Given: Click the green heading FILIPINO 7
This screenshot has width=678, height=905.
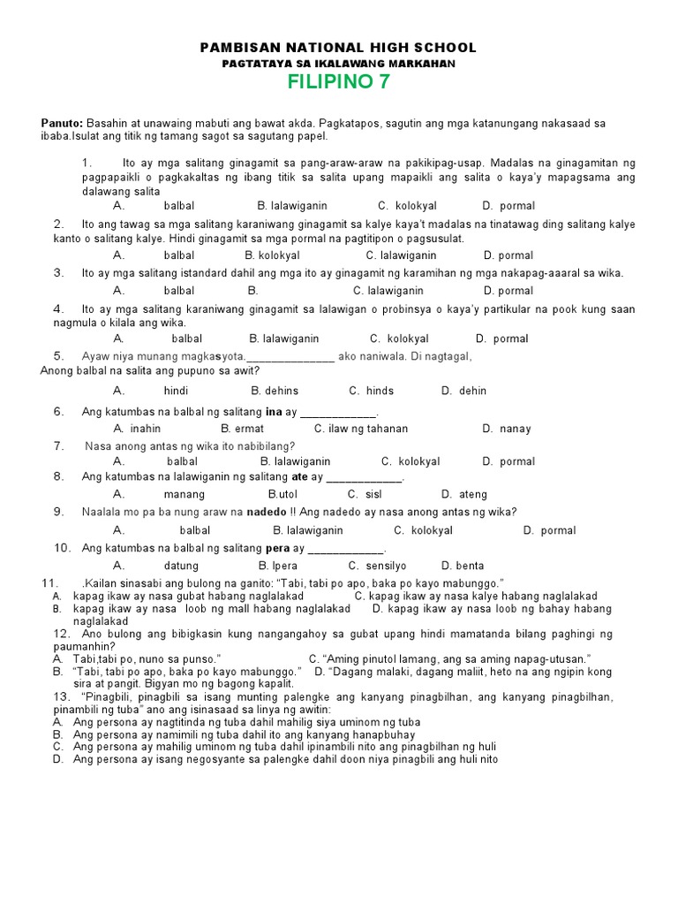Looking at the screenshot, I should pos(338,83).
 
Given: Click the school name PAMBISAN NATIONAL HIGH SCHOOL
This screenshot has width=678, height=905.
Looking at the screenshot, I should pos(338,48).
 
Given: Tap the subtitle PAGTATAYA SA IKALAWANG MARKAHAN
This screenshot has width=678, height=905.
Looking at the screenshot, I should pos(338,64).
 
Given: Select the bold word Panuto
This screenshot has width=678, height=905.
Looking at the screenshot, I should pos(62,123).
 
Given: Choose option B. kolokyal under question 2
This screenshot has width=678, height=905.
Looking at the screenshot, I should pos(273,255).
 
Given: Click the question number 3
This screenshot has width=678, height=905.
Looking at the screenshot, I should pos(58,273).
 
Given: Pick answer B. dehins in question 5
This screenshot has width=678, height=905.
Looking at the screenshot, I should pos(275,391).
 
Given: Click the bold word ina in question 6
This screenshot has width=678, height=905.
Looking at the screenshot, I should pos(274,412).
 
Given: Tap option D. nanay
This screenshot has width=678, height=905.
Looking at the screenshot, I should pos(507,429).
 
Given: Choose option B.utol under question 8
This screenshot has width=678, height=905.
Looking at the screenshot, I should pos(284,494).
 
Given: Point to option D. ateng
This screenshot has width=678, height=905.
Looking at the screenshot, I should pos(464,494).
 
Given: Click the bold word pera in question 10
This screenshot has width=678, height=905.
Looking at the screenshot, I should pos(278,548).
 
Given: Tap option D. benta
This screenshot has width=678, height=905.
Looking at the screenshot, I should pos(463,565).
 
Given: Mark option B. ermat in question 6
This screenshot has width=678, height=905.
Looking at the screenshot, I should pos(243,429).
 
